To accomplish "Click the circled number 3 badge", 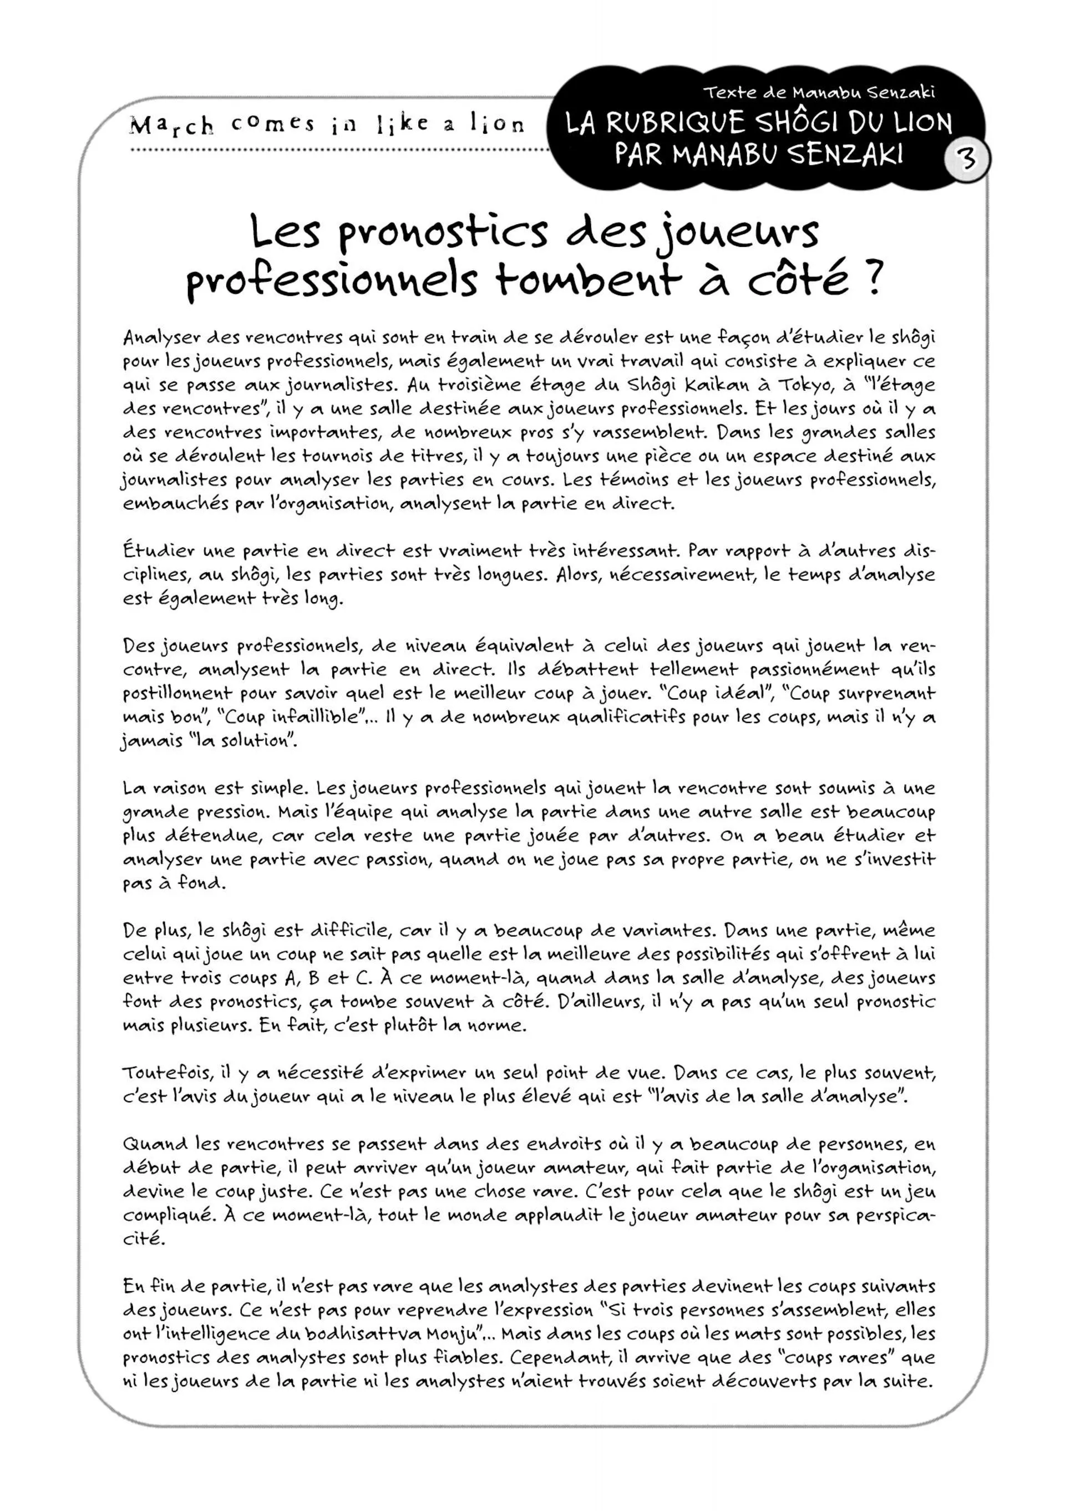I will pyautogui.click(x=966, y=159).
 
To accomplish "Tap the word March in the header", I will pyautogui.click(x=172, y=124).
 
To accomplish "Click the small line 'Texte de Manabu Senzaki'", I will pyautogui.click(x=819, y=93).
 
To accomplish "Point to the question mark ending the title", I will pyautogui.click(x=870, y=280).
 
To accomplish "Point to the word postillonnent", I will pyautogui.click(x=177, y=694).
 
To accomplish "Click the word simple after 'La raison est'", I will pyautogui.click(x=280, y=789).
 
